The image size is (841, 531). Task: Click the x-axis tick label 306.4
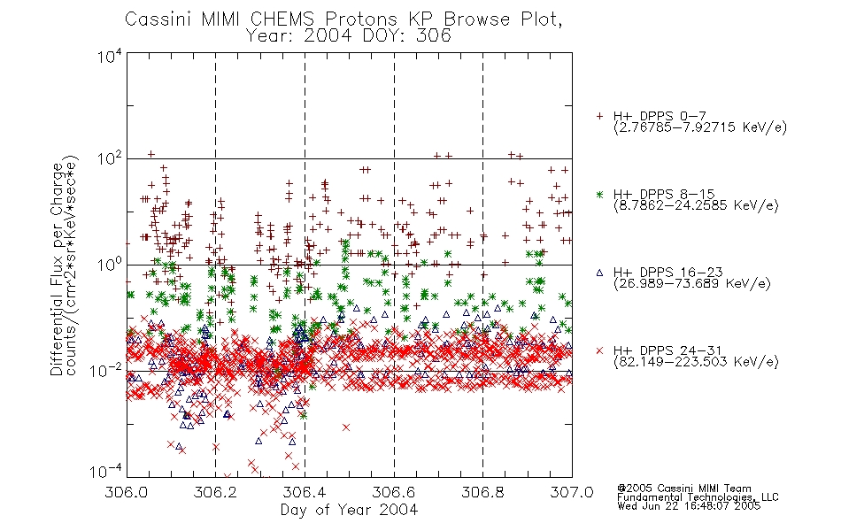click(305, 492)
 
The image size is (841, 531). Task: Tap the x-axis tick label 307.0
click(572, 492)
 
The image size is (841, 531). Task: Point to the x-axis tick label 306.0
click(127, 492)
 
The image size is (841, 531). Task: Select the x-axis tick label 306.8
click(482, 492)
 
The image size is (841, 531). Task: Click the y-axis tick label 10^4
click(110, 56)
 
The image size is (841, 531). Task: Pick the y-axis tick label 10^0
click(110, 265)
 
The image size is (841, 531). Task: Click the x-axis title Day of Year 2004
click(349, 510)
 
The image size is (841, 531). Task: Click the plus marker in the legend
click(599, 116)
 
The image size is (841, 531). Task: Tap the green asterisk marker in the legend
click(599, 194)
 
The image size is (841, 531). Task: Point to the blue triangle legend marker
click(599, 273)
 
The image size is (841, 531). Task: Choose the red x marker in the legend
click(599, 350)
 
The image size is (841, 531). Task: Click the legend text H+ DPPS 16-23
click(667, 272)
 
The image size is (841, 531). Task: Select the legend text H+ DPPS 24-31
click(667, 350)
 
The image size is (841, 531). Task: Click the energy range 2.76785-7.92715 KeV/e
click(700, 127)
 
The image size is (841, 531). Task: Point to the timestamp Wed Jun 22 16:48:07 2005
click(689, 506)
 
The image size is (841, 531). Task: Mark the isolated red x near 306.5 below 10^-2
click(346, 427)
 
